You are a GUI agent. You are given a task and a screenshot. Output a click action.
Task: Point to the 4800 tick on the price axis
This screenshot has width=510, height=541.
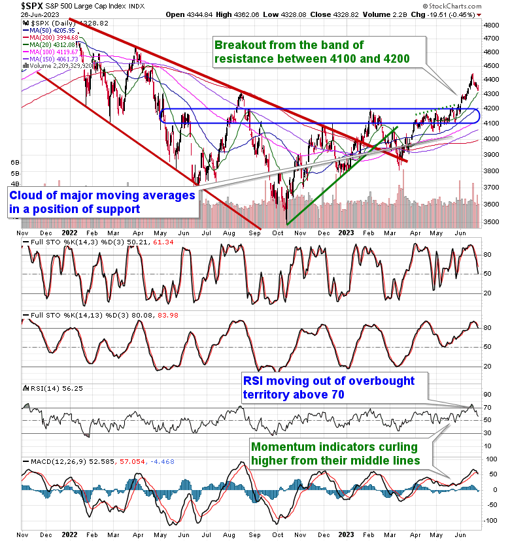click(x=491, y=24)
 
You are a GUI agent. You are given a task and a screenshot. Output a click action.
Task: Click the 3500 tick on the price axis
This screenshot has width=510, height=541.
click(x=491, y=222)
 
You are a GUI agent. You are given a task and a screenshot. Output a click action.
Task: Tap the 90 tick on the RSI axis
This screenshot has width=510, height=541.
click(x=487, y=394)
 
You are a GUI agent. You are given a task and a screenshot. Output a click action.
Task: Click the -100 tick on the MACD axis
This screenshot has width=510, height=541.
click(x=489, y=521)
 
